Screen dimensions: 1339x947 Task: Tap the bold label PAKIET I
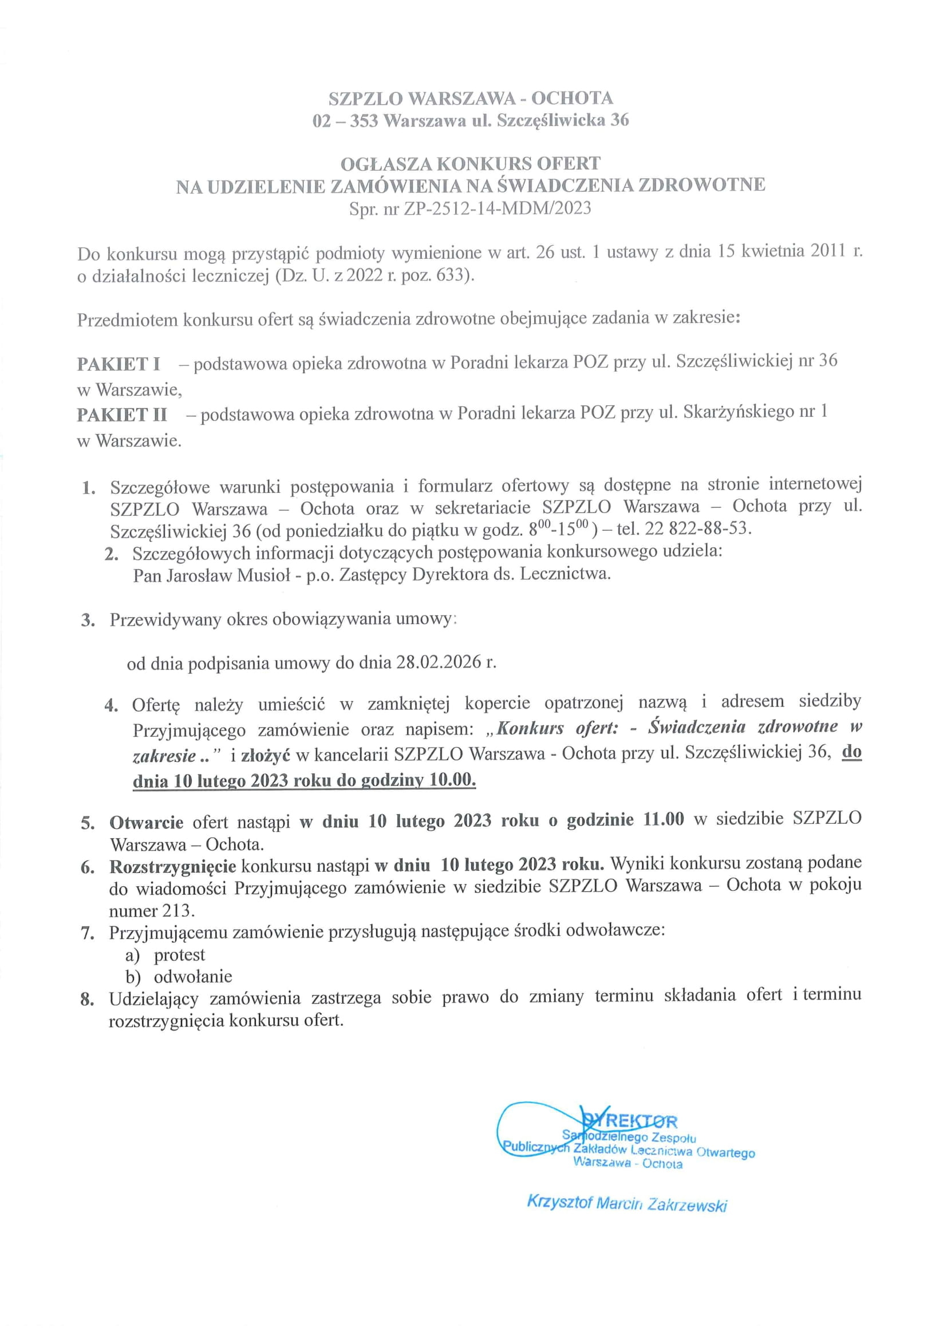pyautogui.click(x=119, y=364)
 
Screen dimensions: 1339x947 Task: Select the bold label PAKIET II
pyautogui.click(x=122, y=414)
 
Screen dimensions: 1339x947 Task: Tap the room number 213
pyautogui.click(x=176, y=910)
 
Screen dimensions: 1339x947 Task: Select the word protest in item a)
pyautogui.click(x=180, y=955)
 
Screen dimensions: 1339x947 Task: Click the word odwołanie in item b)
pyautogui.click(x=193, y=976)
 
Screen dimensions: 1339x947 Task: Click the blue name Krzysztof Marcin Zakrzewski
pyautogui.click(x=627, y=1204)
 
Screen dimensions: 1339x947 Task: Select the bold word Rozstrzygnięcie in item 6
pyautogui.click(x=172, y=866)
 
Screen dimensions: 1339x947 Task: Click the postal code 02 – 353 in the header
pyautogui.click(x=345, y=121)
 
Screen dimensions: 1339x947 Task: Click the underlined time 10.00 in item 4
pyautogui.click(x=452, y=780)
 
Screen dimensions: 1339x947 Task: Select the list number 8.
pyautogui.click(x=88, y=1000)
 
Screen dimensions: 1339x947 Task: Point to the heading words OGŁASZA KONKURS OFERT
pyautogui.click(x=471, y=163)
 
